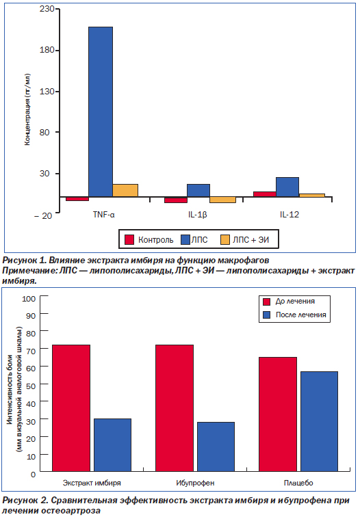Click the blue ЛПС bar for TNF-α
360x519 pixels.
coord(101,112)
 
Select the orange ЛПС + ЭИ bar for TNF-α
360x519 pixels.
coord(125,190)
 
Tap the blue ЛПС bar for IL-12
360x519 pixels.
coord(287,187)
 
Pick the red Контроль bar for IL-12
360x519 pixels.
coord(265,194)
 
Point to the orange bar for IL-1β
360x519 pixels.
coord(223,200)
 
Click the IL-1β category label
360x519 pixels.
coord(197,215)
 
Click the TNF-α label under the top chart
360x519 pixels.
coord(103,215)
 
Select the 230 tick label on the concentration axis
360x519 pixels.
coord(47,9)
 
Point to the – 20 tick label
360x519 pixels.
coord(43,216)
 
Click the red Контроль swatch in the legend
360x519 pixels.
coord(129,239)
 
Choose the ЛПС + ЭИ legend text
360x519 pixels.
coord(250,239)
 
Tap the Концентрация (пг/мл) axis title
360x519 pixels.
coord(27,109)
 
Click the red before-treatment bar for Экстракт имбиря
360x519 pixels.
coord(71,408)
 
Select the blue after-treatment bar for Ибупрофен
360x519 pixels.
coord(216,447)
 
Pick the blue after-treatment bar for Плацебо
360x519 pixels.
coord(319,421)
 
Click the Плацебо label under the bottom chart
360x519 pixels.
coord(298,483)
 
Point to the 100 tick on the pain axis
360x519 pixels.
coord(29,299)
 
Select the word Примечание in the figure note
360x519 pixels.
coord(29,271)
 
